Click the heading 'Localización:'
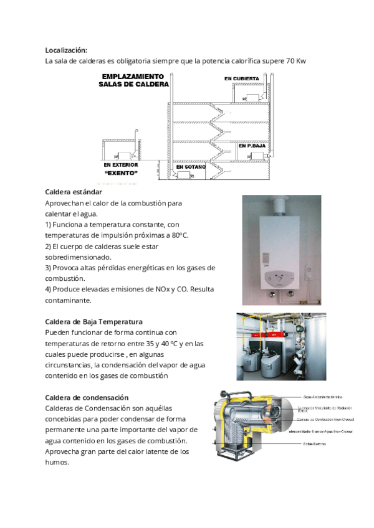coord(66,50)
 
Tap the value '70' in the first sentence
coord(291,61)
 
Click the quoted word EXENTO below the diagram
coord(122,172)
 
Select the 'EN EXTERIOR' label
coord(122,165)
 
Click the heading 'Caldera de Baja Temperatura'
coord(94,322)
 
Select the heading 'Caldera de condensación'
coord(87,397)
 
